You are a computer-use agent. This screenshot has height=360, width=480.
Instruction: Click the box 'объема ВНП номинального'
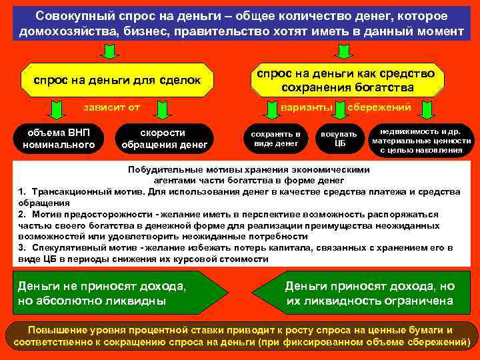(x=59, y=138)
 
